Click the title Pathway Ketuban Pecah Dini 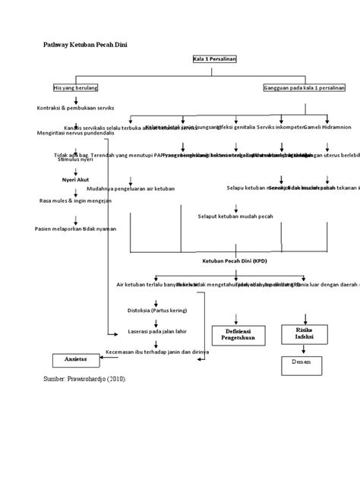tap(84, 46)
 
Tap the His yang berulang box tap(75, 87)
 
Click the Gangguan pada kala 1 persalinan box tap(304, 87)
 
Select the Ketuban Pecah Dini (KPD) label tap(235, 261)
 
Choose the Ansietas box tap(75, 358)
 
